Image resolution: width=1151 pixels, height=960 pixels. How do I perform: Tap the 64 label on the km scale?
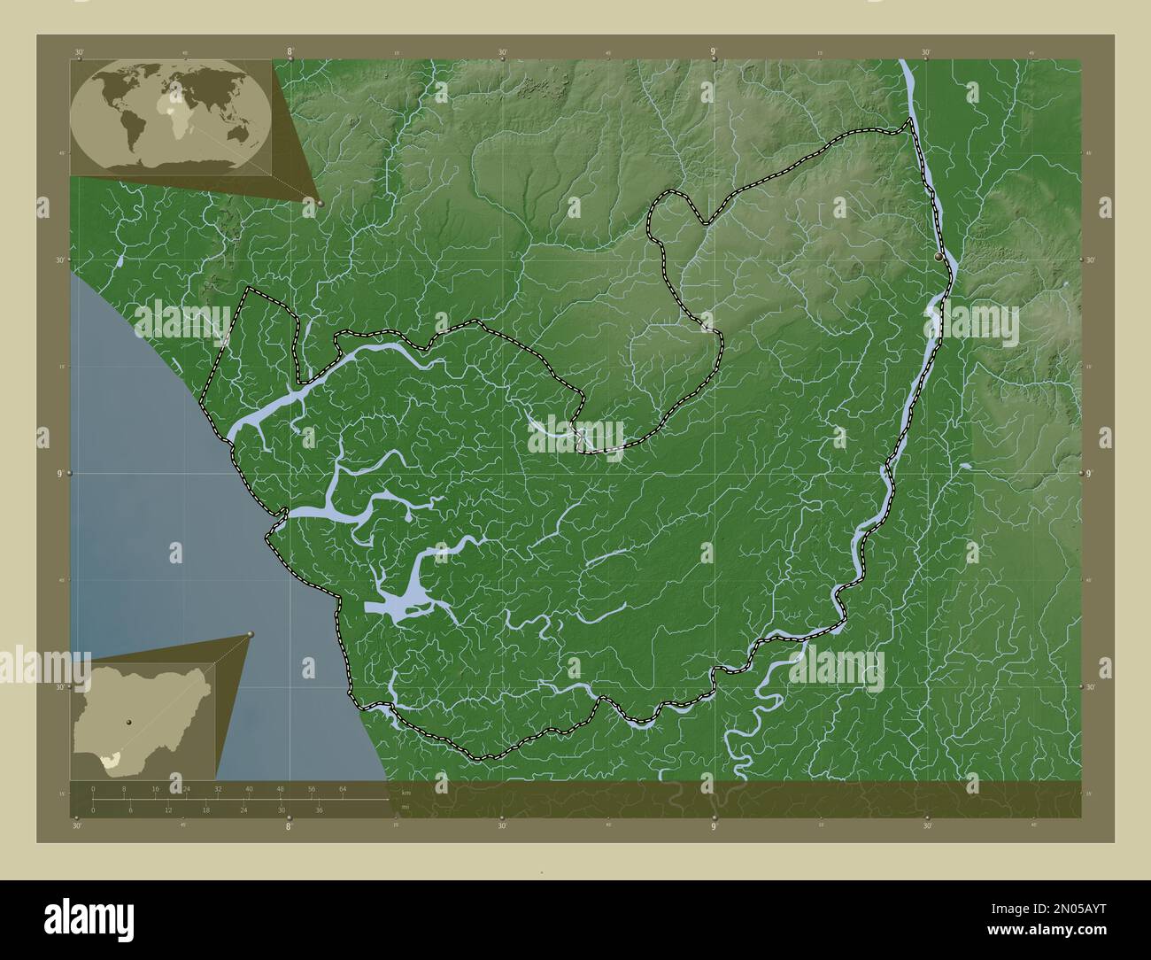pos(343,788)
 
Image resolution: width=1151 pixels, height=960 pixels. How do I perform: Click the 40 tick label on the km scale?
pos(249,788)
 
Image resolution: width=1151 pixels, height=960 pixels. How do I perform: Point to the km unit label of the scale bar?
pos(406,791)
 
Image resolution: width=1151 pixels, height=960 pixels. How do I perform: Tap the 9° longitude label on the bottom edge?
pos(714,827)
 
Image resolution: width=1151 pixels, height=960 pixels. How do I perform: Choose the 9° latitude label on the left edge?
pos(60,473)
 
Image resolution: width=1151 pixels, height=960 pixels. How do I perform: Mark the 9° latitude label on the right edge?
pos(1091,473)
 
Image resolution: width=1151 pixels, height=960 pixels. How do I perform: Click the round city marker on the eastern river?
pos(938,255)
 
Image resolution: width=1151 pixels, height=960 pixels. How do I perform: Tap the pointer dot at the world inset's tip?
pos(320,203)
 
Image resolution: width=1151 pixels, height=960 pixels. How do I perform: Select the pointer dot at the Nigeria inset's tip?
pos(251,634)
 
